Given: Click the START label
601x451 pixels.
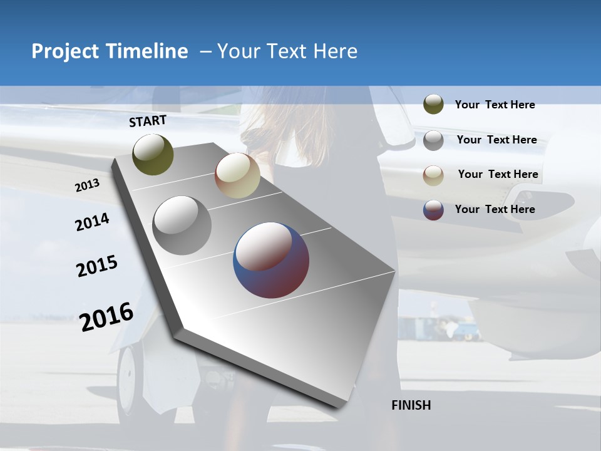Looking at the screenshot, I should pos(148,121).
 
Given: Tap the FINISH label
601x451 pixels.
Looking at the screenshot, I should pos(411,405).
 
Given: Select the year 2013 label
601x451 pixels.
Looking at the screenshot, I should pos(87,185).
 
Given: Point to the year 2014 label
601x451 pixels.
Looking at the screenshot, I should pos(92,222).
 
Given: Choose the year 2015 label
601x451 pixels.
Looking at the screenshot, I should pos(97,266).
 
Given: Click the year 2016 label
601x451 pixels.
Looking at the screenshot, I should pos(106,316).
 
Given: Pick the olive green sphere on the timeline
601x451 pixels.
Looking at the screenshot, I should pos(153,154).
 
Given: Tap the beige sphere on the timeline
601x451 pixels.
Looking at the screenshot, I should pos(237,175).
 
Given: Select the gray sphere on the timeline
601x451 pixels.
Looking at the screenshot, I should pos(182,225).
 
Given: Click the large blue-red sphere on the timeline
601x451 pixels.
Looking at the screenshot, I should pos(271,260).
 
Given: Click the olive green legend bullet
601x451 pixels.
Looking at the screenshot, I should pos(433,105).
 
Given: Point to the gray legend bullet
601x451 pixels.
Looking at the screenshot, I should pos(433,140).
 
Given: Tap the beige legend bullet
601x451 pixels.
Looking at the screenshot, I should pos(433,175).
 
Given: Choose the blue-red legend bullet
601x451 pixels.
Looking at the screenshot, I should pos(433,210).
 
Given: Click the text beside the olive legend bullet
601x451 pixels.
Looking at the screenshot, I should pos(495,105).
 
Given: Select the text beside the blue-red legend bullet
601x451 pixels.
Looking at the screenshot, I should pos(495,209).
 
